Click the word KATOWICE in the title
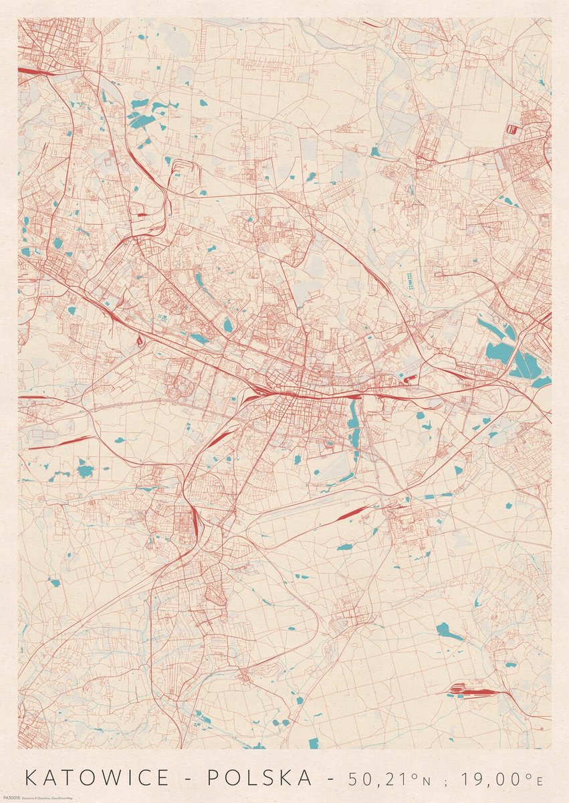98,778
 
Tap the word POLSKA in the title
259,778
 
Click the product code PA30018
11,798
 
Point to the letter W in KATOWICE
114,778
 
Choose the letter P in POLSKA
213,778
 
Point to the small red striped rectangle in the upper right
512,128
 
